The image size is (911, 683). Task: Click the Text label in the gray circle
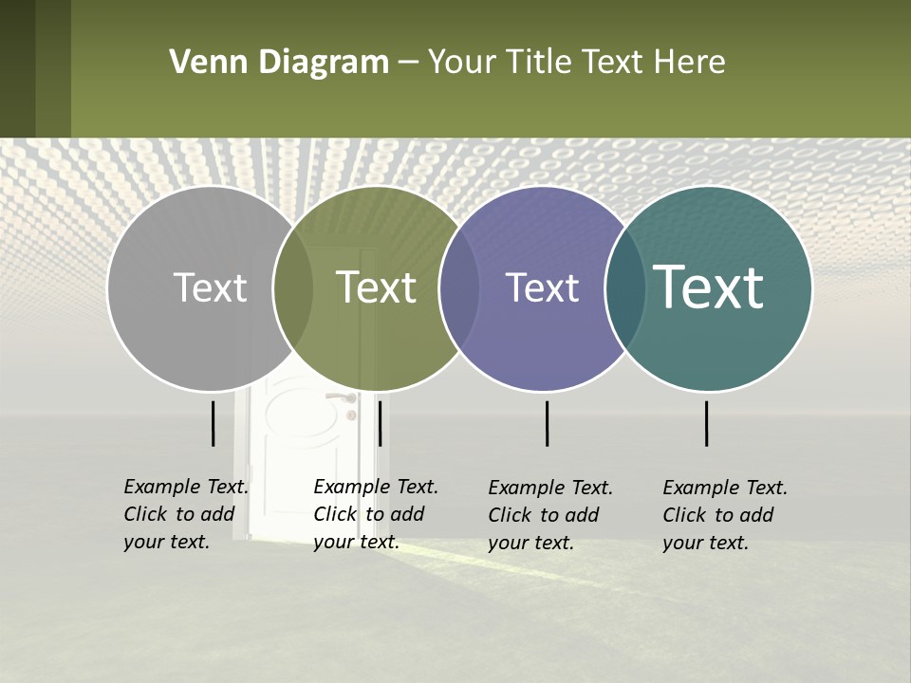pyautogui.click(x=210, y=287)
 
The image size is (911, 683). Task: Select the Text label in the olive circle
pyautogui.click(x=376, y=287)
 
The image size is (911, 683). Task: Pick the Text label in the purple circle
pyautogui.click(x=542, y=287)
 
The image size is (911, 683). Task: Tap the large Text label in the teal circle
pyautogui.click(x=708, y=287)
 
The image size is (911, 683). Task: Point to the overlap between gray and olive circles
pyautogui.click(x=293, y=288)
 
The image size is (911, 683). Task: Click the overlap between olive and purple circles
pyautogui.click(x=459, y=288)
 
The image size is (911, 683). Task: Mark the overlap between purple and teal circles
pyautogui.click(x=625, y=288)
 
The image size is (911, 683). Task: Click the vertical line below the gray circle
pyautogui.click(x=214, y=423)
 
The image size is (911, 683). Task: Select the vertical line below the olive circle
pyautogui.click(x=380, y=423)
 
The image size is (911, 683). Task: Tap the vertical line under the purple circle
pyautogui.click(x=548, y=423)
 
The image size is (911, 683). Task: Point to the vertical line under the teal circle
pyautogui.click(x=707, y=423)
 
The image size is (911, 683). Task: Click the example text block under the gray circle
pyautogui.click(x=186, y=514)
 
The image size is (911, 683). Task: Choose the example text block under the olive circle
pyautogui.click(x=376, y=514)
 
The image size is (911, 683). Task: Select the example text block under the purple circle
pyautogui.click(x=550, y=515)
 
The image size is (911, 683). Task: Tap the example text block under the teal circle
pyautogui.click(x=725, y=515)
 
